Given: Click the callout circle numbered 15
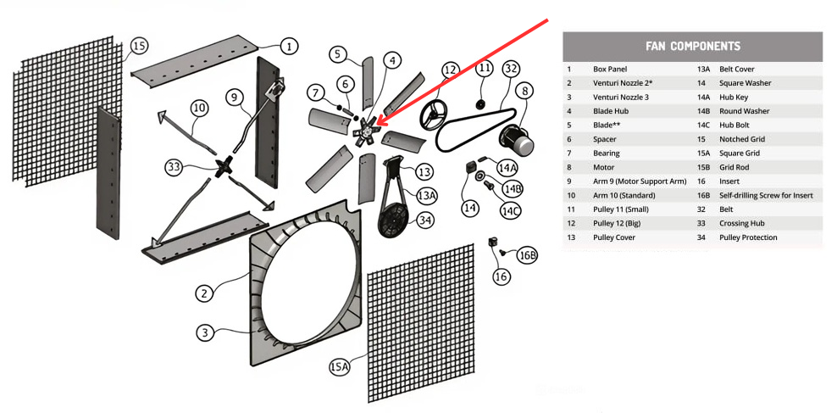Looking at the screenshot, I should click(x=139, y=46).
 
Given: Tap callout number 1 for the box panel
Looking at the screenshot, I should click(x=288, y=46).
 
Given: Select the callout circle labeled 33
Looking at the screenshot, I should click(x=175, y=167).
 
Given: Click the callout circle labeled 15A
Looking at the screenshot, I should click(x=339, y=366).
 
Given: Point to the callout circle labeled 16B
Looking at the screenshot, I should click(x=526, y=255).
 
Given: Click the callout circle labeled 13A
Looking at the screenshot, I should click(x=427, y=195).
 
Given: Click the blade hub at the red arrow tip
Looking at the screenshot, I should click(x=366, y=131).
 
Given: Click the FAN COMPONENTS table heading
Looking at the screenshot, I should click(x=692, y=47).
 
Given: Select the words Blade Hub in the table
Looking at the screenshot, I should click(x=607, y=111).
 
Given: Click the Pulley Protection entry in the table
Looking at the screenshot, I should click(x=748, y=237).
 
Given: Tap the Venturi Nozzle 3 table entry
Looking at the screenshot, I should click(x=620, y=97).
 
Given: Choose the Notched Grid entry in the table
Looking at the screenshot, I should click(x=742, y=139).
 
